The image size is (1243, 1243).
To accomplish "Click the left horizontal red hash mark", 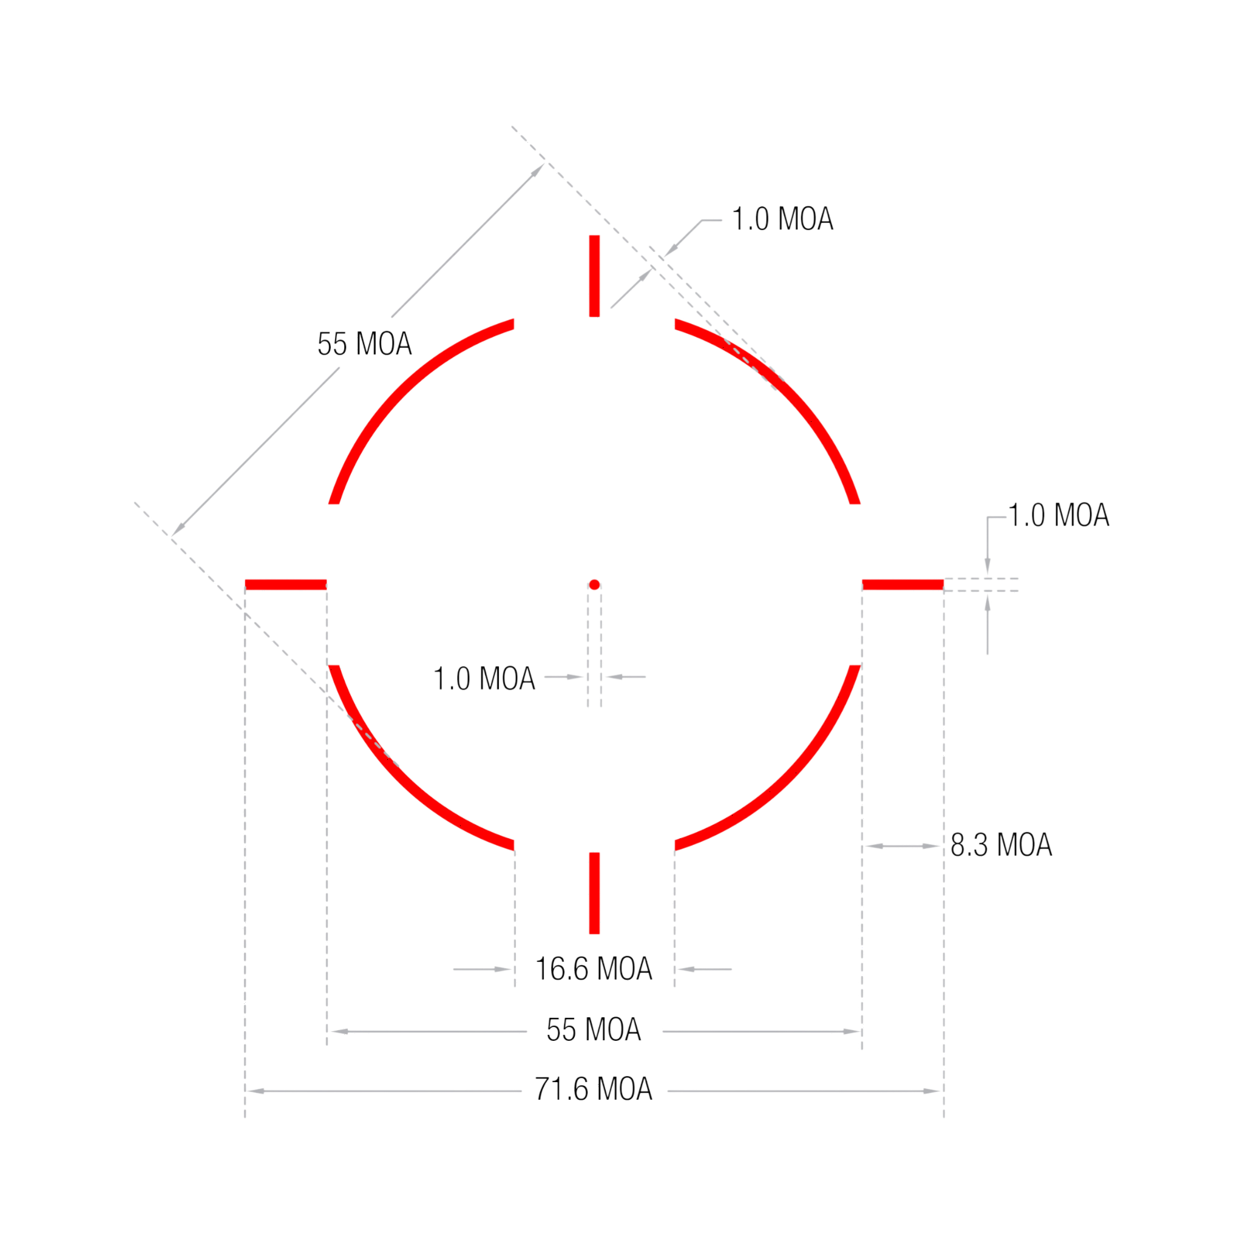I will point(286,585).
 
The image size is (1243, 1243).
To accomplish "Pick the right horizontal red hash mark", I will point(903,585).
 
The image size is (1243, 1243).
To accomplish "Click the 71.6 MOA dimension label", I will point(594,1089).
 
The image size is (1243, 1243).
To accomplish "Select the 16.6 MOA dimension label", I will point(594,968).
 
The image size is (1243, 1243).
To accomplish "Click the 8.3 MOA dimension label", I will point(1001,845).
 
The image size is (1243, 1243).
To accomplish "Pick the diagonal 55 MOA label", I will point(364,344).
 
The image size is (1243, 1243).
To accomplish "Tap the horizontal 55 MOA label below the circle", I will point(594,1029).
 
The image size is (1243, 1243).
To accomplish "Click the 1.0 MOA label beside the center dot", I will point(484,679).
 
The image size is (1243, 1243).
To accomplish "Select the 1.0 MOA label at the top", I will point(783,219).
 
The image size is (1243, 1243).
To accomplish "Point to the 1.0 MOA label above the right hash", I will point(1058,515).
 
